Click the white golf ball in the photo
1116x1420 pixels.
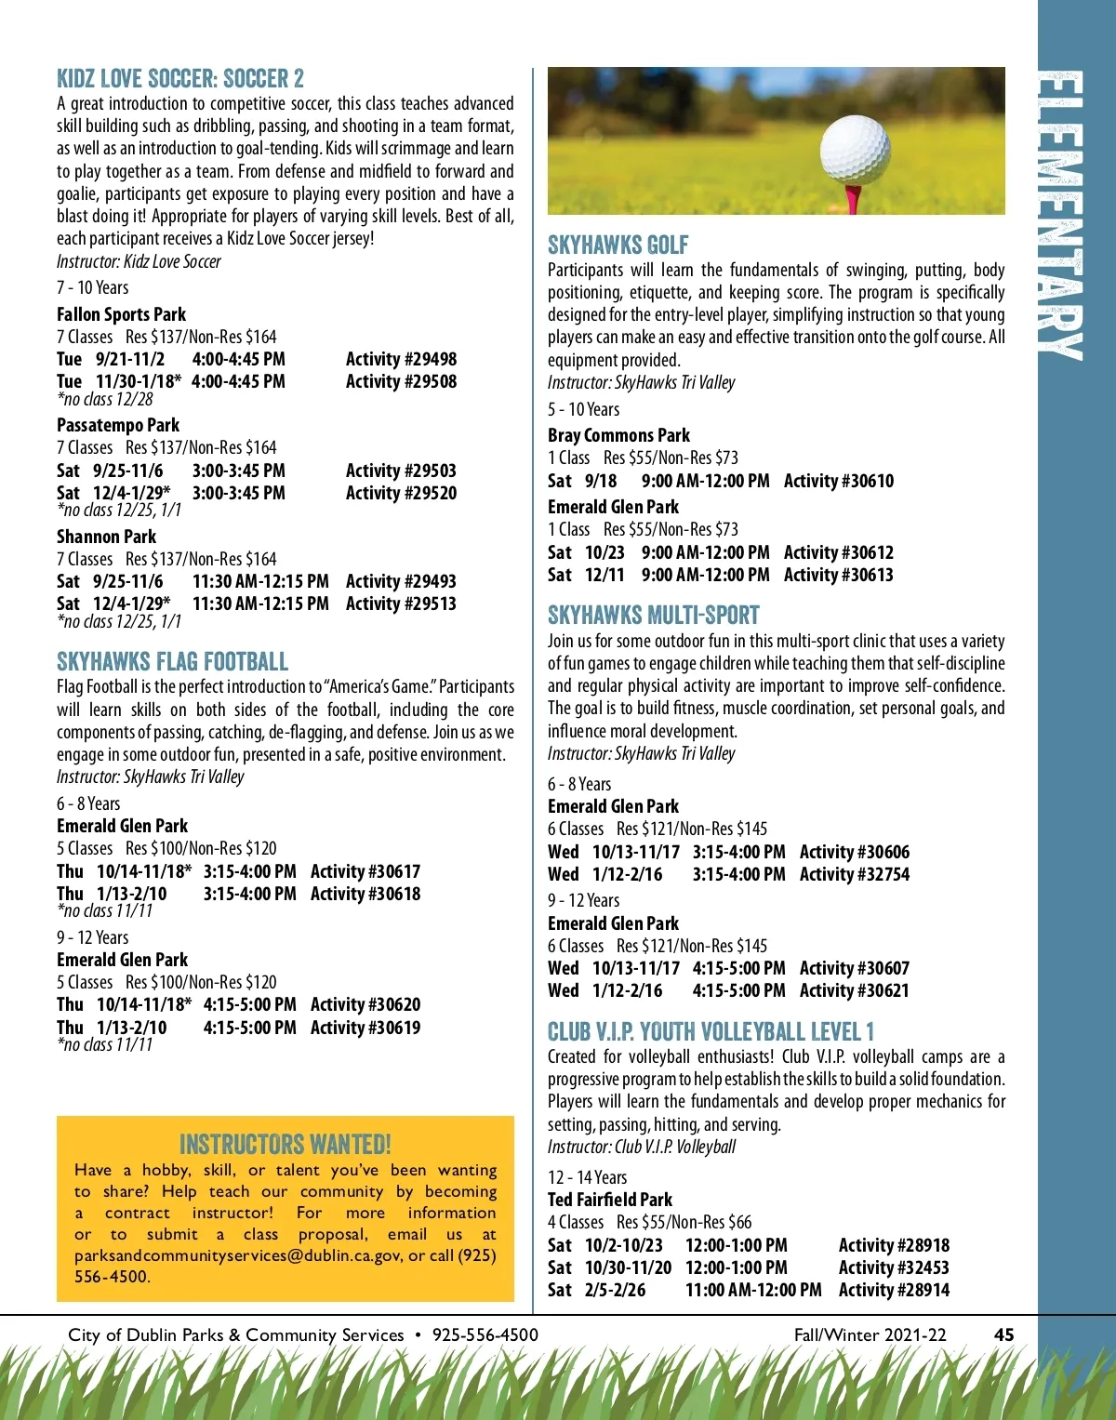pyautogui.click(x=856, y=149)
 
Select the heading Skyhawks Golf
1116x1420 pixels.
pyautogui.click(x=618, y=246)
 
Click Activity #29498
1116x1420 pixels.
pyautogui.click(x=401, y=359)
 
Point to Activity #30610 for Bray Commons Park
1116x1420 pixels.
pyautogui.click(x=838, y=481)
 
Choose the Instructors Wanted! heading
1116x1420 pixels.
pyautogui.click(x=285, y=1144)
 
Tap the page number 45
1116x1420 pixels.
pyautogui.click(x=1003, y=1334)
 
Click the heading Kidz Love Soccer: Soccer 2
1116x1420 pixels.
pyautogui.click(x=180, y=78)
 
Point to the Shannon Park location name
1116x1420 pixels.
pyautogui.click(x=106, y=537)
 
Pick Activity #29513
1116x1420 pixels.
pyautogui.click(x=401, y=604)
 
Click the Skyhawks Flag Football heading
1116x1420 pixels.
pyautogui.click(x=173, y=662)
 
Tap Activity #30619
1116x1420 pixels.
pyautogui.click(x=365, y=1028)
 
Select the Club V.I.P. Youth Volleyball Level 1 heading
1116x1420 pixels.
pyautogui.click(x=711, y=1032)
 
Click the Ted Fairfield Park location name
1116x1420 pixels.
pyautogui.click(x=609, y=1200)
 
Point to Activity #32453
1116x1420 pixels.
pyautogui.click(x=894, y=1267)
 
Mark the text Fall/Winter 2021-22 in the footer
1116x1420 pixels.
pyautogui.click(x=870, y=1334)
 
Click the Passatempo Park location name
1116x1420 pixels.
pyautogui.click(x=117, y=425)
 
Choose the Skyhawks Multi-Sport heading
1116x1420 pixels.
pyautogui.click(x=653, y=616)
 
